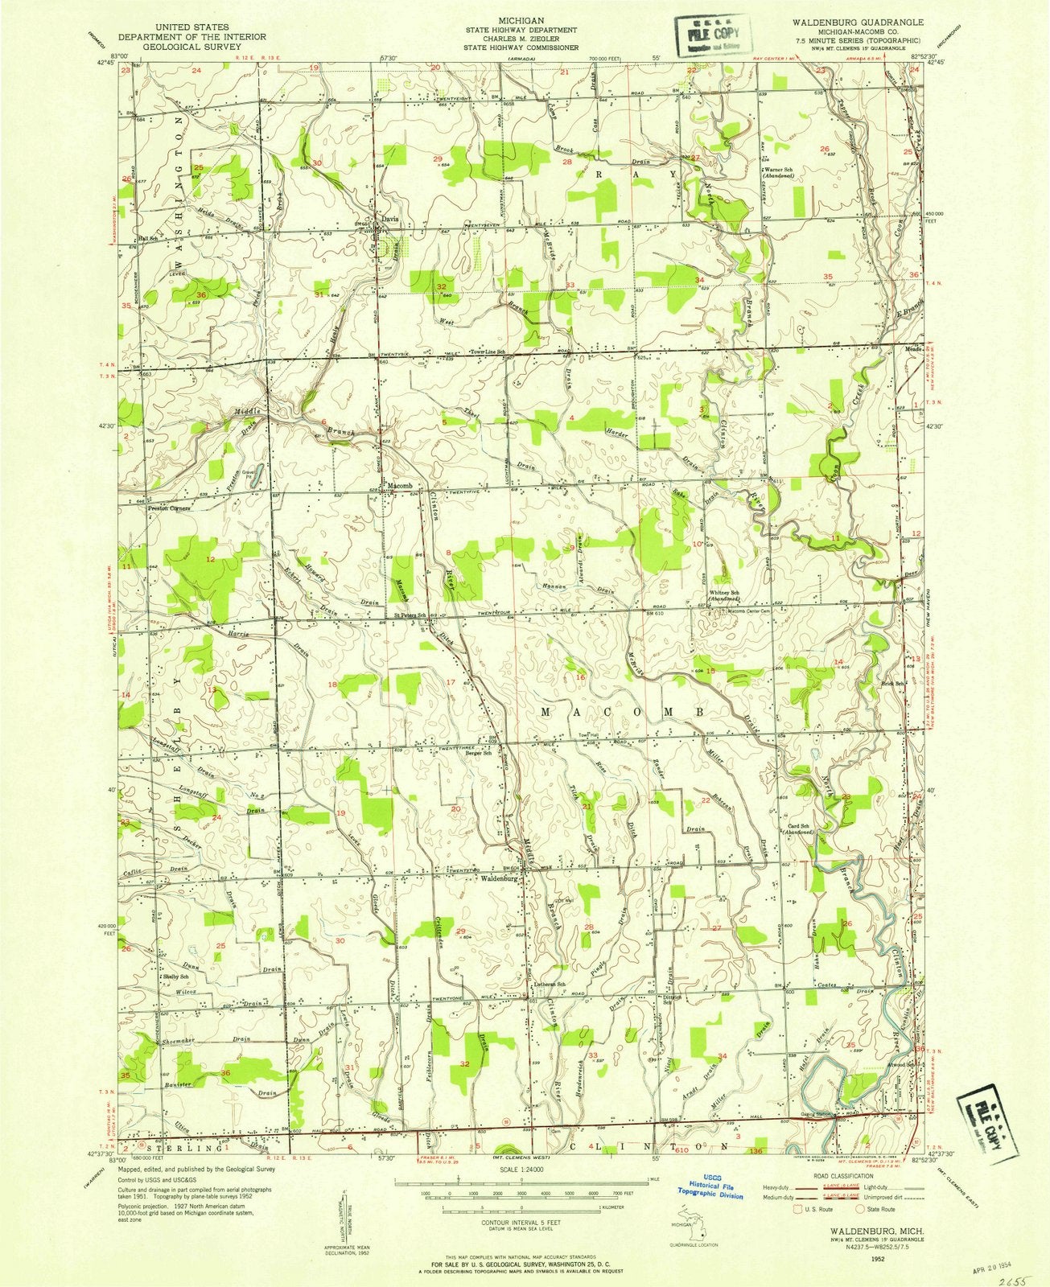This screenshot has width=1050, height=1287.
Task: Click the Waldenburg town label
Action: point(502,878)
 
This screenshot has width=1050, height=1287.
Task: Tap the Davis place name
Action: point(389,218)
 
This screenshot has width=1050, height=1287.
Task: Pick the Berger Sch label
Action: point(479,754)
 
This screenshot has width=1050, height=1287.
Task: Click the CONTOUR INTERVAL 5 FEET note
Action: point(521,1219)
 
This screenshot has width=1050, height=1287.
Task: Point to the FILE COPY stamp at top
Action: point(710,36)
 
